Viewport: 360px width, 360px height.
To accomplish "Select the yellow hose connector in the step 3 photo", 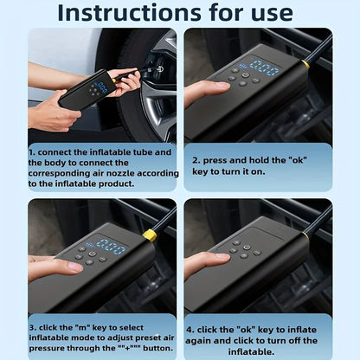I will click(x=150, y=235).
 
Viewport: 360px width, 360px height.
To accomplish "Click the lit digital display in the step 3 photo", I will click(x=110, y=247).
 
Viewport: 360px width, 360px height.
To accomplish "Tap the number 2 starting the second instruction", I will click(x=196, y=160).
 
